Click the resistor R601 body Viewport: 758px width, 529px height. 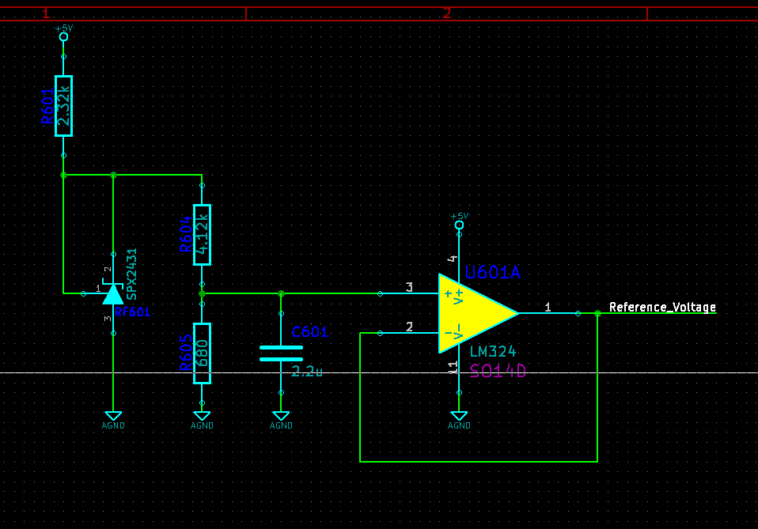(x=63, y=106)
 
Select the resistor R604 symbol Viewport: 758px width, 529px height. (x=202, y=234)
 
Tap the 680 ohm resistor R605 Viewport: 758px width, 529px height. (x=202, y=353)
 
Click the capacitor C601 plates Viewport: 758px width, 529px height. (x=281, y=353)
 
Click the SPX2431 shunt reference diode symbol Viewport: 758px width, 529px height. (x=113, y=293)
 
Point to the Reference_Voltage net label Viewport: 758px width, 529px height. (x=662, y=308)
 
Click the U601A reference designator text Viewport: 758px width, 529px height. (x=492, y=273)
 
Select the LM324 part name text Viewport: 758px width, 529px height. (x=493, y=351)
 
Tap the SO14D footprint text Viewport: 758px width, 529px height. (x=497, y=371)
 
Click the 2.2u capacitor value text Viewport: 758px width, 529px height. (x=307, y=371)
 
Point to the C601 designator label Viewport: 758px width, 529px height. (x=309, y=331)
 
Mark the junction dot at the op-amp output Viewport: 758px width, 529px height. (x=597, y=313)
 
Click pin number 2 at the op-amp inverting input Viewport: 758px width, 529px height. (x=409, y=327)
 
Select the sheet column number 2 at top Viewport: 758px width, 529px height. (x=447, y=13)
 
